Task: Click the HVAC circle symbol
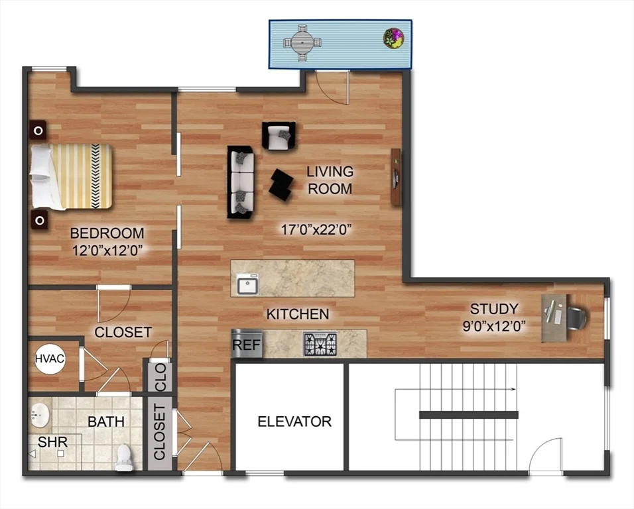[50, 359]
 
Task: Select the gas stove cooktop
[320, 344]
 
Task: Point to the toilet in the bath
[124, 457]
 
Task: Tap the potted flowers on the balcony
[393, 38]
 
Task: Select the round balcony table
[302, 42]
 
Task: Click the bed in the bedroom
[70, 176]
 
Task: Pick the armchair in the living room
[278, 136]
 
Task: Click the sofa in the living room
[241, 182]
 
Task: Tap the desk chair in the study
[576, 317]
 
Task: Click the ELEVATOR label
[294, 421]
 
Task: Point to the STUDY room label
[494, 309]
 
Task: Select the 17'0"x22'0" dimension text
[316, 230]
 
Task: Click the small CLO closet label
[160, 376]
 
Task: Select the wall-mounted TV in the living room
[395, 176]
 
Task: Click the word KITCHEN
[298, 314]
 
